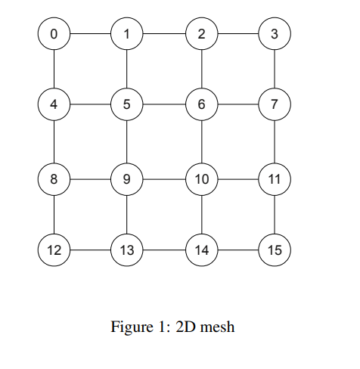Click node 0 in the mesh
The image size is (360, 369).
(x=54, y=33)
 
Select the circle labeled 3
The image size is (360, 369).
(x=274, y=33)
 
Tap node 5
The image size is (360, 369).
(x=126, y=105)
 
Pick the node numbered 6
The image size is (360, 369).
(x=201, y=105)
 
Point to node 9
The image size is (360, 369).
(x=126, y=179)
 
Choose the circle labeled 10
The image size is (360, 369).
(x=201, y=179)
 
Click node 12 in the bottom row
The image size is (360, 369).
(x=54, y=250)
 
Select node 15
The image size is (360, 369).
(x=274, y=250)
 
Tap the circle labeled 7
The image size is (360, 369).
(x=274, y=105)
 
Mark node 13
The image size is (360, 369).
(x=126, y=250)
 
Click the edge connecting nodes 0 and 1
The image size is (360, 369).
(x=90, y=33)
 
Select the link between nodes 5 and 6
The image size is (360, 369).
(x=163, y=105)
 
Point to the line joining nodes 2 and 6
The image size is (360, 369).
(x=201, y=69)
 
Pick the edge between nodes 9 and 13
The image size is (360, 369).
(x=126, y=215)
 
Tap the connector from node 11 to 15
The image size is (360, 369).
(x=274, y=215)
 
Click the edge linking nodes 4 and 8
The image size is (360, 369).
(x=54, y=142)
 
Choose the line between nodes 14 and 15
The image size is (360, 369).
(x=237, y=250)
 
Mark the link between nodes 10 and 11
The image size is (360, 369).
(x=237, y=179)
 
